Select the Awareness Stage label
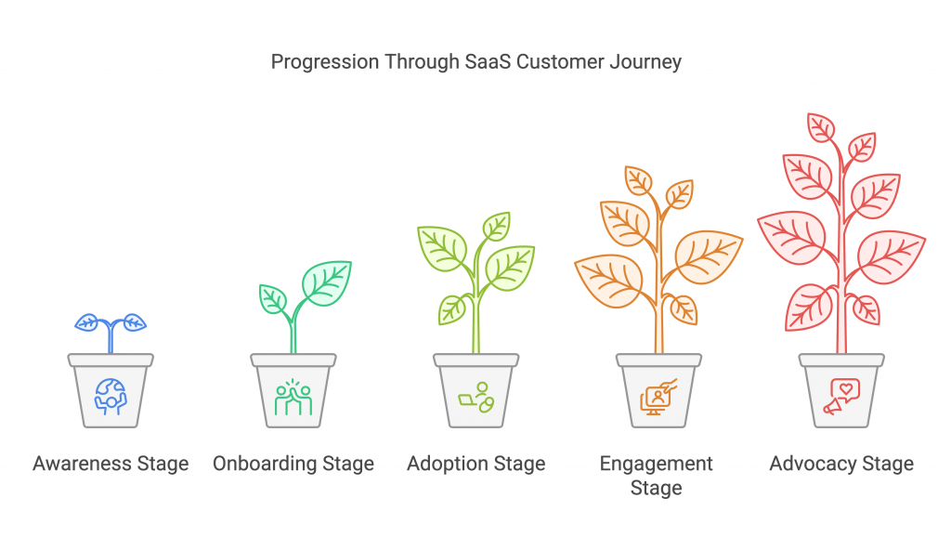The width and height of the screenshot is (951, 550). pyautogui.click(x=111, y=464)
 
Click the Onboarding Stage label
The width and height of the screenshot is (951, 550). pyautogui.click(x=293, y=464)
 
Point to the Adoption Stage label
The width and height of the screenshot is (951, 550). pyautogui.click(x=476, y=464)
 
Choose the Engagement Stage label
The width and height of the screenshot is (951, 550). pyautogui.click(x=657, y=475)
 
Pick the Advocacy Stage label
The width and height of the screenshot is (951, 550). pyautogui.click(x=841, y=464)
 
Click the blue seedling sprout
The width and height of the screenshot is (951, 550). pyautogui.click(x=111, y=325)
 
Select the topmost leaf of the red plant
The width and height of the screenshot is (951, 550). pyautogui.click(x=821, y=127)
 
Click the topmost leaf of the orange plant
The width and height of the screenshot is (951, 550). pyautogui.click(x=638, y=179)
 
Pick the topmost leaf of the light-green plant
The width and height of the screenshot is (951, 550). pyautogui.click(x=497, y=226)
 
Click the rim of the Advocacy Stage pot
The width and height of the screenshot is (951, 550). pyautogui.click(x=841, y=360)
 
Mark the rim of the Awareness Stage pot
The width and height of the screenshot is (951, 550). pyautogui.click(x=111, y=360)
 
